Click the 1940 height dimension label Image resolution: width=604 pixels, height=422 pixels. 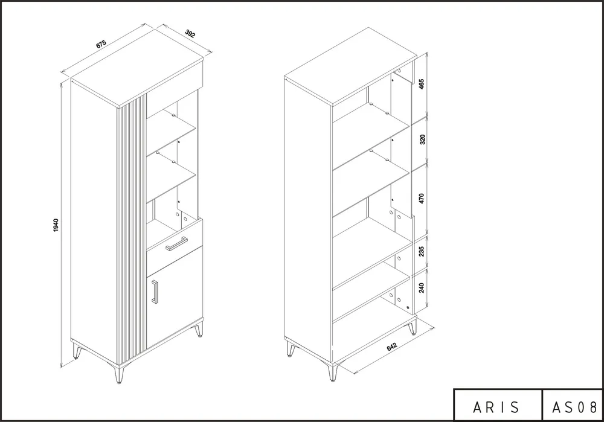[56, 225]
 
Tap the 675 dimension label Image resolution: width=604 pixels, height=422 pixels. [101, 44]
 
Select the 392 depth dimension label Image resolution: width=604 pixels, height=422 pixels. [190, 33]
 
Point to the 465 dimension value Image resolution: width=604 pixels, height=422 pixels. [422, 85]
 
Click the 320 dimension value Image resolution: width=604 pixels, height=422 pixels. [422, 139]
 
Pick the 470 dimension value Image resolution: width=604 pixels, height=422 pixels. [422, 199]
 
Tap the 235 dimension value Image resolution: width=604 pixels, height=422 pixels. [422, 251]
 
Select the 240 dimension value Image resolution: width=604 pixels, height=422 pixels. [422, 287]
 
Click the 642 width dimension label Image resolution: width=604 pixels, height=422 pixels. [392, 347]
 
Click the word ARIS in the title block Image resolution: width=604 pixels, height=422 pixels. [496, 408]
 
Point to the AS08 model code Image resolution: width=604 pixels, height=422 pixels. [574, 408]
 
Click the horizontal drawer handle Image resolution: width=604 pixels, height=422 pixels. [176, 244]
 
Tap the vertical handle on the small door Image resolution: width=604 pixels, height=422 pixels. [155, 292]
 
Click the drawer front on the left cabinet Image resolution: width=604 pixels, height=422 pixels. [175, 240]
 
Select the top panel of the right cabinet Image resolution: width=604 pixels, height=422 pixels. [350, 65]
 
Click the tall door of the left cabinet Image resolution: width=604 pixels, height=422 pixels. [94, 222]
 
